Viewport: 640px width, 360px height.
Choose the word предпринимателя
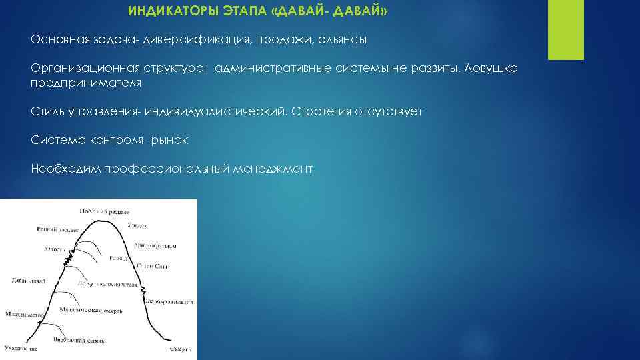pos(86,83)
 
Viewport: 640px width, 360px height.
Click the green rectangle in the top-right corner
pos(565,29)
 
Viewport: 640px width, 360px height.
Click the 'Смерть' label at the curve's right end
pos(181,348)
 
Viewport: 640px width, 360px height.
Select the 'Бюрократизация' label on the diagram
pos(171,301)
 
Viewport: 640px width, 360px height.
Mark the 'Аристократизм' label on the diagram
pos(154,245)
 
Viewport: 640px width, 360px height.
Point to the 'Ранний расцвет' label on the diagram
pos(58,229)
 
